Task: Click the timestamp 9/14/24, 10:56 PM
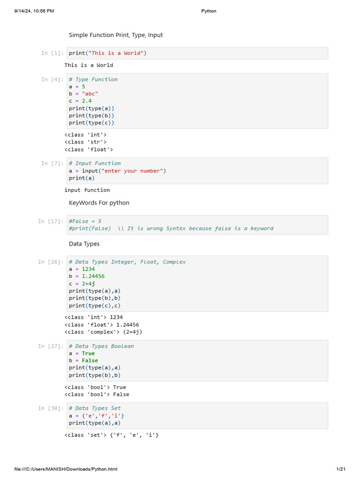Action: [34, 11]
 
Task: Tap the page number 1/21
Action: [341, 469]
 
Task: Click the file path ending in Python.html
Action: [66, 469]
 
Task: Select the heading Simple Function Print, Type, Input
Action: [116, 35]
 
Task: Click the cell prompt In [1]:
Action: [52, 53]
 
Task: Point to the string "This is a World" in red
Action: [116, 53]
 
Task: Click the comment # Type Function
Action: [93, 79]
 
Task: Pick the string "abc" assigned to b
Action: [90, 94]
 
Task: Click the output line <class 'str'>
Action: [85, 142]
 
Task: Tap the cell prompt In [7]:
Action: [52, 164]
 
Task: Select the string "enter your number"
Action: [132, 171]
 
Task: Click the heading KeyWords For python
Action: [99, 202]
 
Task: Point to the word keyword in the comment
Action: [262, 228]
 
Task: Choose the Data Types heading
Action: [84, 244]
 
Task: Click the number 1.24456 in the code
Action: [93, 276]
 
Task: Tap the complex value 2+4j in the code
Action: [88, 284]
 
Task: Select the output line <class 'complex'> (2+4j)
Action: [103, 332]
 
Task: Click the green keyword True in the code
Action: [88, 353]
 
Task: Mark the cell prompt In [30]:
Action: [51, 408]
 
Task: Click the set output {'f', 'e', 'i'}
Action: [134, 435]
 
